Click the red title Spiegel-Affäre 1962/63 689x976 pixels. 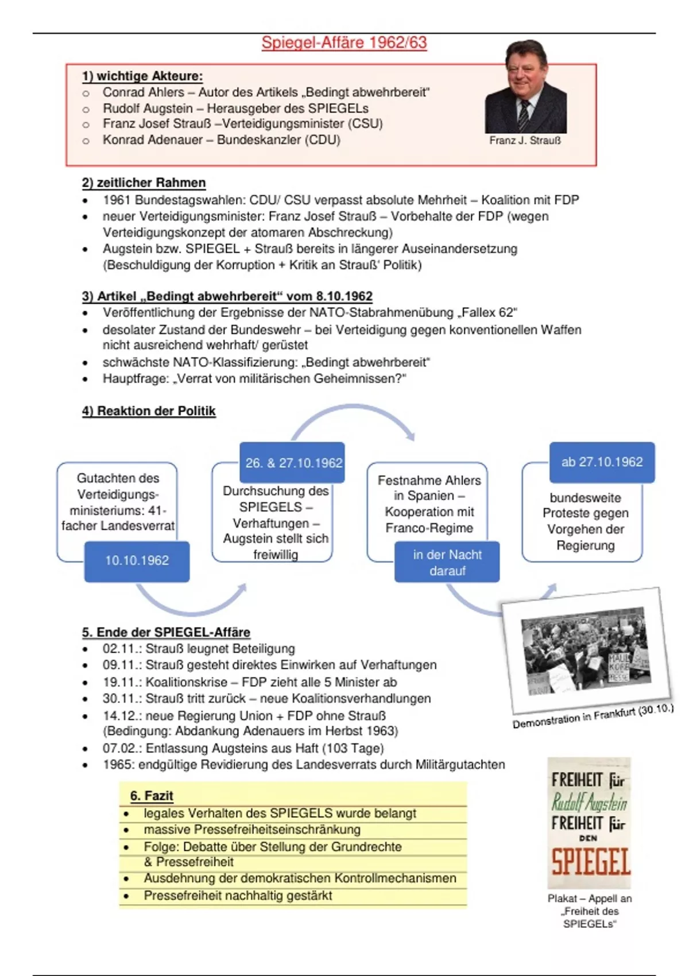(344, 43)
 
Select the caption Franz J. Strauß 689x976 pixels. (525, 141)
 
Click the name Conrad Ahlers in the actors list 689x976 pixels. (143, 92)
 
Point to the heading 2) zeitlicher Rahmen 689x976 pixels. (144, 183)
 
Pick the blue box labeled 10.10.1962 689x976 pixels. (137, 561)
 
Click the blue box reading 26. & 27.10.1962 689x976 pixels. (293, 463)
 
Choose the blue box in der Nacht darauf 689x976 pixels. (447, 563)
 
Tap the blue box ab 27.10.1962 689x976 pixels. (602, 462)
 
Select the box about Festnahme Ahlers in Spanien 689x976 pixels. (429, 504)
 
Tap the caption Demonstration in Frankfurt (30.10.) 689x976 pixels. (593, 717)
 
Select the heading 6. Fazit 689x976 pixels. (152, 796)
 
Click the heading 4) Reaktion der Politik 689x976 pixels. (149, 411)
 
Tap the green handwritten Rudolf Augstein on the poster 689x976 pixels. (589, 803)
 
